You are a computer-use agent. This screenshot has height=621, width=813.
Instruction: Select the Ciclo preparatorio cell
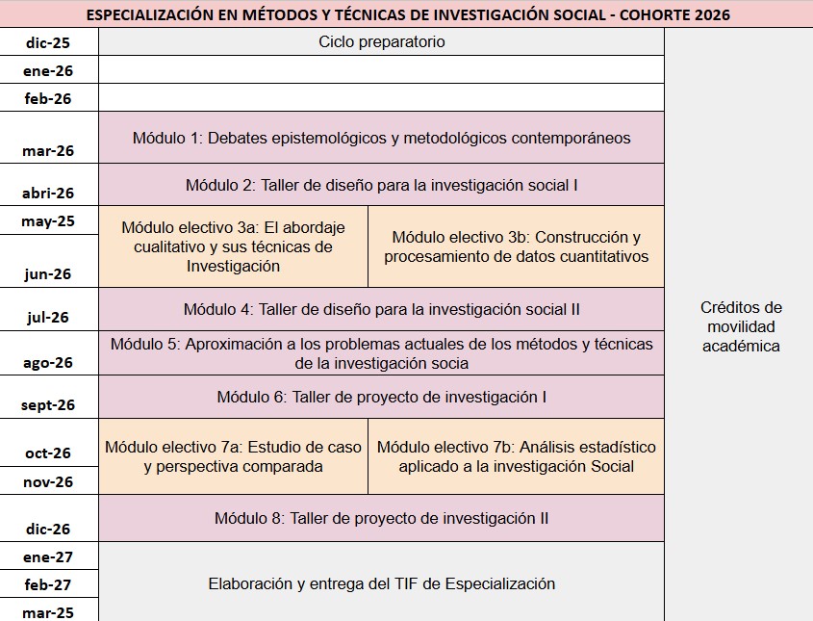(x=381, y=42)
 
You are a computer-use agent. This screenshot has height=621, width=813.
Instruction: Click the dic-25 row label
(x=48, y=42)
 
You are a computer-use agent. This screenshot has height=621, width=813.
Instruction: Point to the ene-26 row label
(x=48, y=70)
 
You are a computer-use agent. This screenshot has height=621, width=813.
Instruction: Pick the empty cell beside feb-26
(x=381, y=97)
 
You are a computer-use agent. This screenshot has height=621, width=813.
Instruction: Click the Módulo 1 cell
(x=381, y=138)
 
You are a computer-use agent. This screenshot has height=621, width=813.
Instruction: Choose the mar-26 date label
(x=48, y=150)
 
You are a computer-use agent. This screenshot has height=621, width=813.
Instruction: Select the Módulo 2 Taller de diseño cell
(x=381, y=185)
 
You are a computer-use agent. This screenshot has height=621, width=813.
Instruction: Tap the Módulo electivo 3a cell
(x=233, y=246)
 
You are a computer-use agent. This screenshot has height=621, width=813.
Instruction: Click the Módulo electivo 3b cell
(x=516, y=246)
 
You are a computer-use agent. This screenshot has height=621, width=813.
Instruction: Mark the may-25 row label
(x=48, y=220)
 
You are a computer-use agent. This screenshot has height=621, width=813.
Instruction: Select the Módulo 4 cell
(x=381, y=309)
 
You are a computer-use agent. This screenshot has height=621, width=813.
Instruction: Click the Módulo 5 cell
(x=381, y=353)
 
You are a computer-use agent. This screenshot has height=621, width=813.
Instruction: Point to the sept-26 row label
(x=48, y=405)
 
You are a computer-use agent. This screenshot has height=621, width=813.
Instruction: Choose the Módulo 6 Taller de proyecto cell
(x=381, y=397)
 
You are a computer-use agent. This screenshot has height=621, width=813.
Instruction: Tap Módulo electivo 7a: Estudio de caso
(x=233, y=456)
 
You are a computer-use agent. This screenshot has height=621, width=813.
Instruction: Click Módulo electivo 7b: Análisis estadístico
(x=516, y=456)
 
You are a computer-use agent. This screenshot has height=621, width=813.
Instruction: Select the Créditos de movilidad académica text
(x=741, y=326)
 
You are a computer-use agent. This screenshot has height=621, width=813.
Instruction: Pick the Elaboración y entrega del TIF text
(x=381, y=583)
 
